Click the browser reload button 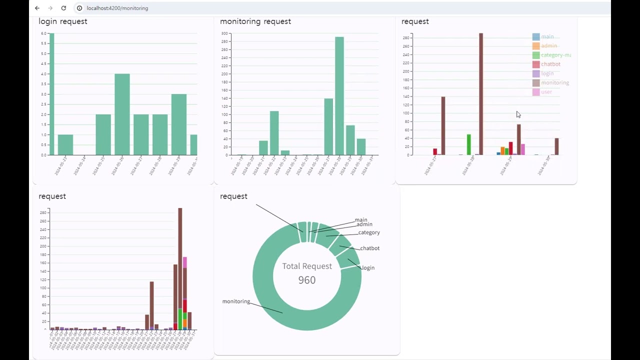[x=63, y=8]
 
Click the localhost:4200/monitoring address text [x=117, y=8]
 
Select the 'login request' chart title [x=63, y=21]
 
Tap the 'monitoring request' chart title [x=255, y=21]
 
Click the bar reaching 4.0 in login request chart [x=122, y=114]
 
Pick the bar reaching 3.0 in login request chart [x=178, y=124]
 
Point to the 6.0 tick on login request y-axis [x=44, y=33]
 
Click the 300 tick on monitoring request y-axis [x=224, y=33]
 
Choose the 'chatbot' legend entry [x=550, y=64]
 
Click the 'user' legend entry [x=546, y=92]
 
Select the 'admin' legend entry [x=548, y=46]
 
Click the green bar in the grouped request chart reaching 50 [x=469, y=144]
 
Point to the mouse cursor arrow [x=518, y=114]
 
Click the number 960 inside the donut [x=306, y=280]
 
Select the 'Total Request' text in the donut [x=306, y=266]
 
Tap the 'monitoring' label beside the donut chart [x=236, y=301]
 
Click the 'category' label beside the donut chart [x=369, y=232]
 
